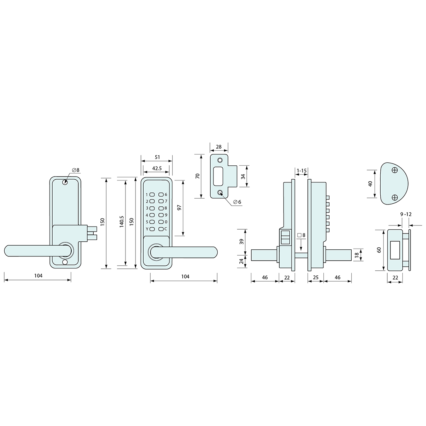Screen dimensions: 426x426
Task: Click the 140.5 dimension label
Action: [x=122, y=222]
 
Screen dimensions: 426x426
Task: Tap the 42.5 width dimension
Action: [x=157, y=168]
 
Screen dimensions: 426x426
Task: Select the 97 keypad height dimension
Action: [x=179, y=207]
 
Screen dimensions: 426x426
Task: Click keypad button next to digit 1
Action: [x=152, y=194]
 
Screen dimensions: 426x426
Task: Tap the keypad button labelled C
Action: [x=161, y=229]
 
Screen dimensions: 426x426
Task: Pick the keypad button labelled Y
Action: [x=152, y=229]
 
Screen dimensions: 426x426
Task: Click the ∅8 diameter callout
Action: [x=76, y=170]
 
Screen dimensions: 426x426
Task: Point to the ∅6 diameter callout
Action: [x=237, y=202]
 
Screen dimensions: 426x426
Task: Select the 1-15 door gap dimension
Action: [x=302, y=171]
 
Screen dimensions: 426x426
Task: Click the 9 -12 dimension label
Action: [x=406, y=215]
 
